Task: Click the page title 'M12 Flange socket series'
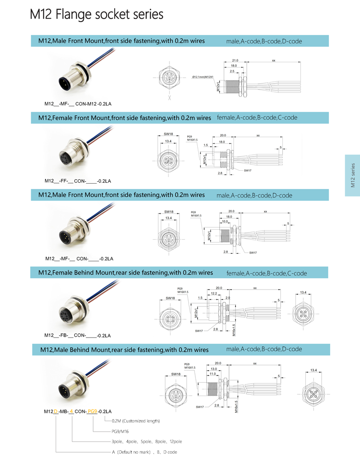click(x=96, y=14)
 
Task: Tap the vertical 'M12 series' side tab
click(x=353, y=176)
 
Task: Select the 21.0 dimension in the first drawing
click(x=235, y=60)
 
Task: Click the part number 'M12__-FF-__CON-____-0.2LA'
click(x=78, y=181)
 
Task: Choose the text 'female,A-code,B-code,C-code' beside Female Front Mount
click(x=257, y=117)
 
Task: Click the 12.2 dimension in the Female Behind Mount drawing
click(x=214, y=293)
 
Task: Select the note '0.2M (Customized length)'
click(x=135, y=421)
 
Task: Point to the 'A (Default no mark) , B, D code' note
click(x=144, y=452)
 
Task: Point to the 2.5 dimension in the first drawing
click(x=232, y=71)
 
